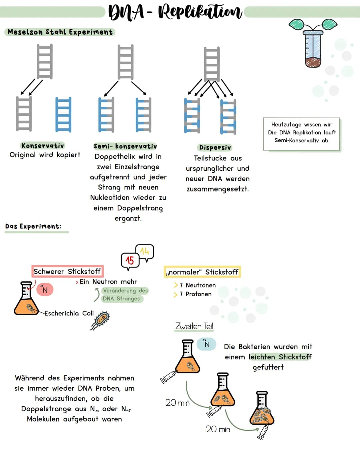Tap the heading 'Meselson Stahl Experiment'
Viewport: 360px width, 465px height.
[60, 32]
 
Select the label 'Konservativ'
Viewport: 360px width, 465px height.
[43, 145]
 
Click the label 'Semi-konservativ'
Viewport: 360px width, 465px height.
[125, 146]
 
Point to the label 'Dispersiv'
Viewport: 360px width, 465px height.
[215, 147]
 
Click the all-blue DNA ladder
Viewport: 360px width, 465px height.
[63, 114]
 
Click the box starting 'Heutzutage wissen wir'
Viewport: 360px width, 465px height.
[302, 133]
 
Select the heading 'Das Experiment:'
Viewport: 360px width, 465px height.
[33, 226]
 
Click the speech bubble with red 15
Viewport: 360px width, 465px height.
[130, 261]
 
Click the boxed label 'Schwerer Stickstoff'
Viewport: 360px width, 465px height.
[67, 271]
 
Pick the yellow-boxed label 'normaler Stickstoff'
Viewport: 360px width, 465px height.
[202, 272]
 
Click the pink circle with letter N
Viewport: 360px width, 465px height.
[45, 290]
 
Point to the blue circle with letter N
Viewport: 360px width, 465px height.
[207, 344]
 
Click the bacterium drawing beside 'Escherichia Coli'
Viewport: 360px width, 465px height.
[101, 320]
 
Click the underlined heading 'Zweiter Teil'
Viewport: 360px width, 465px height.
[194, 326]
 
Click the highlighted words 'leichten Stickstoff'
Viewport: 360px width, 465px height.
[280, 357]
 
